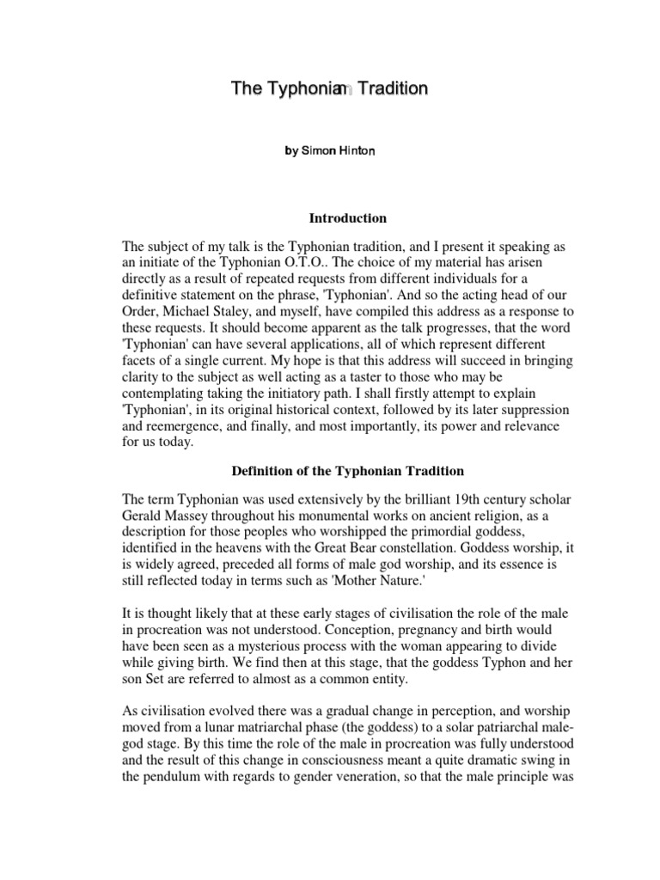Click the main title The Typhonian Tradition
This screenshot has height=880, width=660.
pos(329,89)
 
